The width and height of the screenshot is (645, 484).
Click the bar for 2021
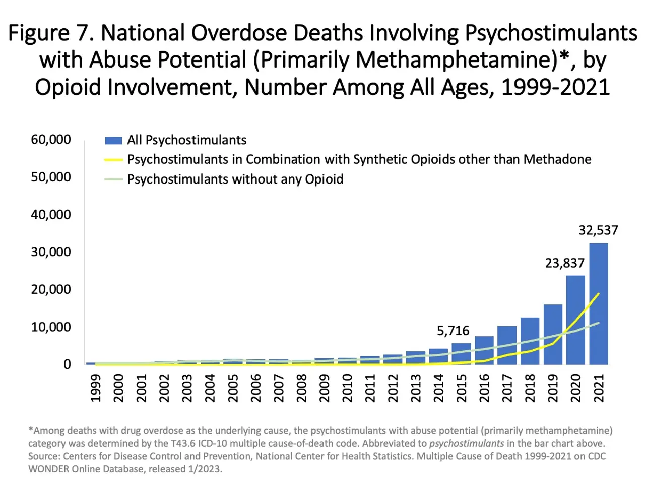(598, 303)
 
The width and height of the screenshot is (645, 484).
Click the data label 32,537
(598, 230)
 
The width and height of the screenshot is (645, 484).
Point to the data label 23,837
(564, 263)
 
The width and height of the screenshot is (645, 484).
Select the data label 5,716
(453, 331)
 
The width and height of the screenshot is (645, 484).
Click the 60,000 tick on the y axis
(51, 140)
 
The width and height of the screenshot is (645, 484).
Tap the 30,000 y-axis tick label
(51, 252)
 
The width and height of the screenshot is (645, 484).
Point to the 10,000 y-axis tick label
(51, 327)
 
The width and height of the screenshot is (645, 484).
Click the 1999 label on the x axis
(95, 388)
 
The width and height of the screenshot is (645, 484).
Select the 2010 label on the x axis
(347, 388)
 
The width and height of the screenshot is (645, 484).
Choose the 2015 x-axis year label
(462, 388)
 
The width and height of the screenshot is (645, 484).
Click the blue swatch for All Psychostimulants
(113, 140)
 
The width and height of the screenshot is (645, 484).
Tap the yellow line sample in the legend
(113, 160)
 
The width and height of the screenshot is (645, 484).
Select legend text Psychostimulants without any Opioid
(235, 179)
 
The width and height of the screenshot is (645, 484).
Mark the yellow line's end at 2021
(599, 293)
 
